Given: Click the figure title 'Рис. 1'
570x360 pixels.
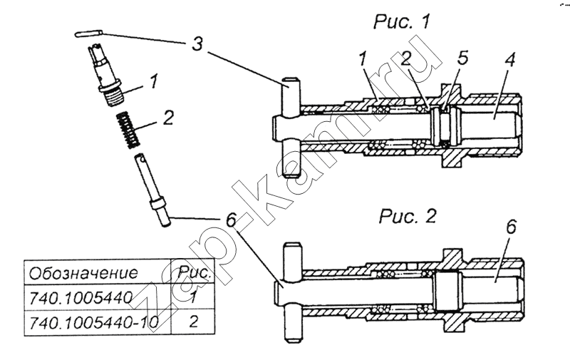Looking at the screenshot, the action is click(401, 22).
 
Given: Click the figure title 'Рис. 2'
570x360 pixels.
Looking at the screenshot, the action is click(408, 217).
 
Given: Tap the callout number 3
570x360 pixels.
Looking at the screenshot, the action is click(197, 44).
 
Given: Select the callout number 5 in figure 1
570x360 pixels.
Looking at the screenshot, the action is click(462, 58).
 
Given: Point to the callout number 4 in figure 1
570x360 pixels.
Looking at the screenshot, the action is click(509, 59).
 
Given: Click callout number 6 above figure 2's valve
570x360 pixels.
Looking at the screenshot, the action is click(510, 227).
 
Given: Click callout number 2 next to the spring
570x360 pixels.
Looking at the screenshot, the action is click(167, 118).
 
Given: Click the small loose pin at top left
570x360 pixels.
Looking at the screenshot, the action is click(88, 34).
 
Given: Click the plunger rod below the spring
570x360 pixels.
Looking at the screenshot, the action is click(152, 190).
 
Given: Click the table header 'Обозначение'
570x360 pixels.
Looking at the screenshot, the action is click(83, 273).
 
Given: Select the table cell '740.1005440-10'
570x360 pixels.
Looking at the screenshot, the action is click(93, 322).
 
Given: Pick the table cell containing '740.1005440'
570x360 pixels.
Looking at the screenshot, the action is click(81, 298).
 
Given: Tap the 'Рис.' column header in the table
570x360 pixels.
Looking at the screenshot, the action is click(195, 273).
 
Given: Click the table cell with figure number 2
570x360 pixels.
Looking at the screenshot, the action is click(194, 322).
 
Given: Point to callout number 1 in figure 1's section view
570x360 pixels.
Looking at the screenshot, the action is click(362, 59).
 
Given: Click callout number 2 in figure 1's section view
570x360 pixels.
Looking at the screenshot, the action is click(406, 59).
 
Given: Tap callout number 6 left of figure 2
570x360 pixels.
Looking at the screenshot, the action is click(231, 220).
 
